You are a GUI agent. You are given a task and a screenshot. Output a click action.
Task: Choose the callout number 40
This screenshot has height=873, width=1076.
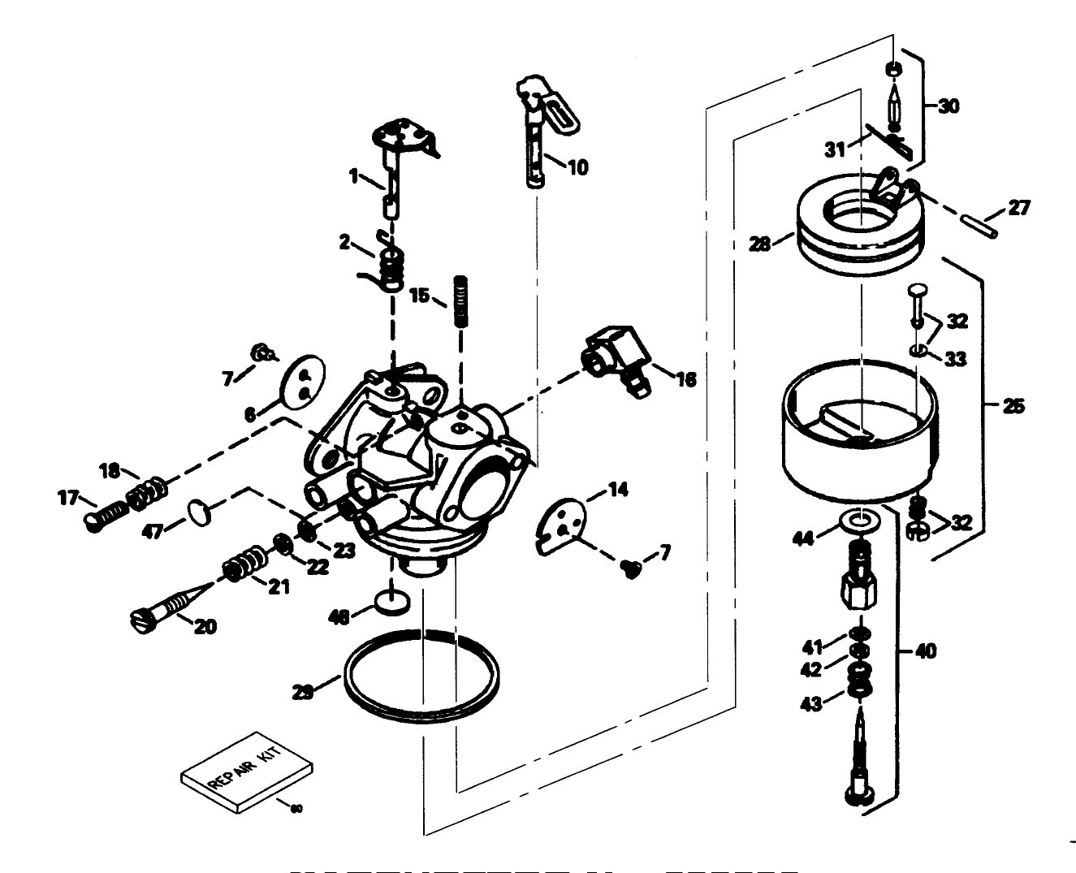925,650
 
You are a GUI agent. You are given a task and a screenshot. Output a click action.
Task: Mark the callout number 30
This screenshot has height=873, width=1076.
948,106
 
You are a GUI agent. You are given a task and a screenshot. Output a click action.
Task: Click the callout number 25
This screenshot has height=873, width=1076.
1013,406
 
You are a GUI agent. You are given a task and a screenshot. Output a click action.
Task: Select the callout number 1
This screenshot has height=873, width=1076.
354,174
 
